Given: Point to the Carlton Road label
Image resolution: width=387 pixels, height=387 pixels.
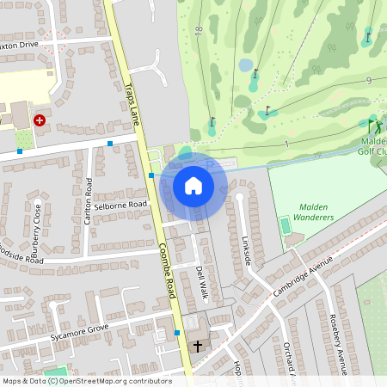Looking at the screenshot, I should [x=89, y=200].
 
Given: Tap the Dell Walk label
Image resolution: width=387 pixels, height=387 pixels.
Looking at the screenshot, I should [x=203, y=282].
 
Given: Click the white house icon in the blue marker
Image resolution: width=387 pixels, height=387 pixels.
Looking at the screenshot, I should [x=193, y=185].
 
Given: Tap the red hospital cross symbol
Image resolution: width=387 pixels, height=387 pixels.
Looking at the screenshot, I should [x=40, y=121].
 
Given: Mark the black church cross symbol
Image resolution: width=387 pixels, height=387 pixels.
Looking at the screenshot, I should [x=199, y=347].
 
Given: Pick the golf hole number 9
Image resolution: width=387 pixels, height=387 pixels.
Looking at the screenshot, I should [x=368, y=80].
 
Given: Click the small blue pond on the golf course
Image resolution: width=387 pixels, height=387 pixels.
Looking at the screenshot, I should [x=246, y=64].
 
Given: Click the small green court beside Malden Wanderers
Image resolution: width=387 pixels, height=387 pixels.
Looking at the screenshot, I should [x=285, y=225].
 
